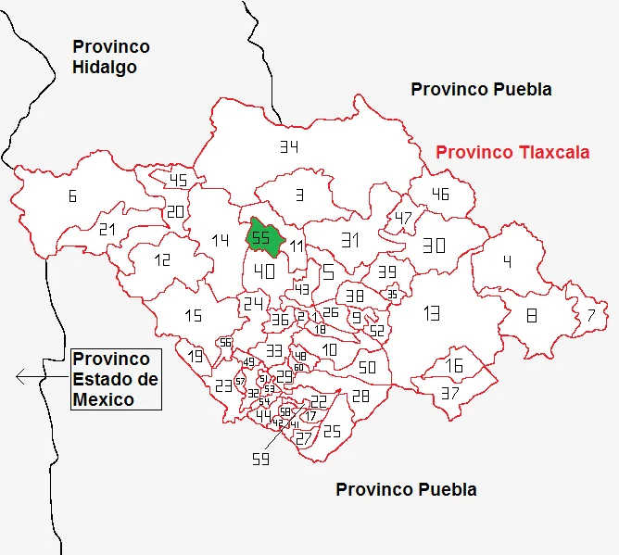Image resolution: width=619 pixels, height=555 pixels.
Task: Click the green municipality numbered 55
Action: (263, 237)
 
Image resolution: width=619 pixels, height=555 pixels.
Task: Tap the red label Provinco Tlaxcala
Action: (512, 152)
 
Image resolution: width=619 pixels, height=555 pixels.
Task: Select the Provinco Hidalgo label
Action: (110, 57)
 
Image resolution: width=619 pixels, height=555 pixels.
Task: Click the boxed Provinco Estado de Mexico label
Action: (116, 379)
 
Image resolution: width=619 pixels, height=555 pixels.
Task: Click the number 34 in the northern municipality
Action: (289, 146)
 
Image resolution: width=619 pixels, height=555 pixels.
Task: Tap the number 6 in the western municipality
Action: (71, 196)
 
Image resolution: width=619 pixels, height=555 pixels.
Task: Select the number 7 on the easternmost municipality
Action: (591, 315)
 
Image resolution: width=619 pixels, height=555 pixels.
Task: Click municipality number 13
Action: (431, 312)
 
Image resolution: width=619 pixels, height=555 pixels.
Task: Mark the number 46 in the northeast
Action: (440, 194)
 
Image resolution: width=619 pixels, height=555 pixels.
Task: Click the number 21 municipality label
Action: (107, 229)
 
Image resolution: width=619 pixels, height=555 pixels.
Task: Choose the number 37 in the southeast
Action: (450, 392)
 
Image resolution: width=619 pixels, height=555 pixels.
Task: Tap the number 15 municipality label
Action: (193, 316)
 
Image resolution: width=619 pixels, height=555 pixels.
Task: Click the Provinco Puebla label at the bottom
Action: (406, 489)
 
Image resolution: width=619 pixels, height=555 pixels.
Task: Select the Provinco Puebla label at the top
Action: (481, 90)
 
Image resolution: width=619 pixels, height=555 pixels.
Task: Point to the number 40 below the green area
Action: (265, 271)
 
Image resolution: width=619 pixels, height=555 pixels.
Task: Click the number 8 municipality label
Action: (531, 315)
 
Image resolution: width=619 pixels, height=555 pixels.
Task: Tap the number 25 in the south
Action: (332, 431)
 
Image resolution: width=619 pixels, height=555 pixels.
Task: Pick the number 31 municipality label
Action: (349, 240)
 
